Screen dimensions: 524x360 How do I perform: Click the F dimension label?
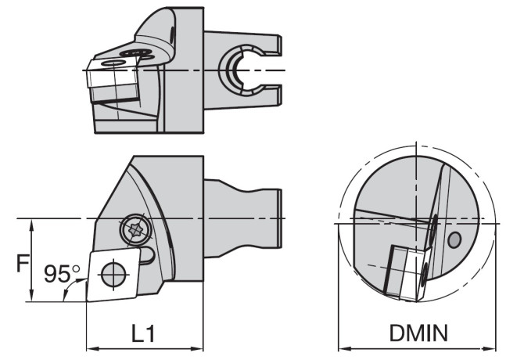point(23,263)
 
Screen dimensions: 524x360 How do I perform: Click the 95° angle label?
point(62,274)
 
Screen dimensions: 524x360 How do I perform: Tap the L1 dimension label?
point(143,333)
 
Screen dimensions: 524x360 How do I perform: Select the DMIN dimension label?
point(418,333)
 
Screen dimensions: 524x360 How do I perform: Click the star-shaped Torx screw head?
point(136,230)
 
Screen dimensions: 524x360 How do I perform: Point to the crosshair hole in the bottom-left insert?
point(113,275)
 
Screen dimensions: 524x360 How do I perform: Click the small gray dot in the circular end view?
point(454,239)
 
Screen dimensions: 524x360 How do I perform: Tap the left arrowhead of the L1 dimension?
point(92,349)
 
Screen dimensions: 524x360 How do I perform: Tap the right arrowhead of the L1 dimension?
point(197,349)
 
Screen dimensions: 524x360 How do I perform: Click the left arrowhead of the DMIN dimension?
point(344,349)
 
